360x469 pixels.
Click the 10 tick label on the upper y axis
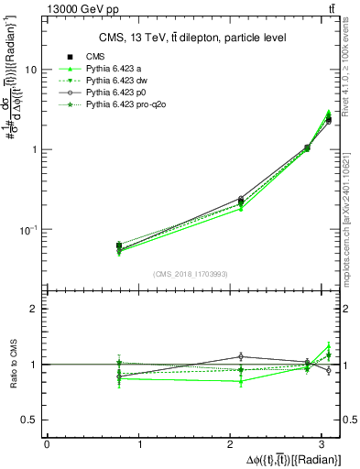point(31,70)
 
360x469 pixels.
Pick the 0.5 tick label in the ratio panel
point(29,420)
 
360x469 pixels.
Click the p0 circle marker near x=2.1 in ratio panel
point(241,356)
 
